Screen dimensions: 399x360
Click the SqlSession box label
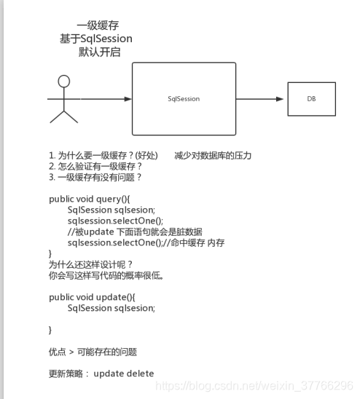pyautogui.click(x=184, y=98)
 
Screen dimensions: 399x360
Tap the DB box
pyautogui.click(x=311, y=98)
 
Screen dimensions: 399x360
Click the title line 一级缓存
pyautogui.click(x=98, y=25)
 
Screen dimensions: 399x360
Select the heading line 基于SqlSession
pyautogui.click(x=98, y=38)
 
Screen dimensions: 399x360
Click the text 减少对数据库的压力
pyautogui.click(x=212, y=156)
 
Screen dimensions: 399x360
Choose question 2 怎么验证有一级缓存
pyautogui.click(x=95, y=167)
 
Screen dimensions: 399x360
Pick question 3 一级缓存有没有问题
pyautogui.click(x=95, y=177)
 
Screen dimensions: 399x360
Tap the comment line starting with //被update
pyautogui.click(x=134, y=231)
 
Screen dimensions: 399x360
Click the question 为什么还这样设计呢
pyautogui.click(x=91, y=264)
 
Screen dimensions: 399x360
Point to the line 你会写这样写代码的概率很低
pyautogui.click(x=106, y=275)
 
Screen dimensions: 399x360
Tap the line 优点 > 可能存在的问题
pyautogui.click(x=93, y=352)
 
